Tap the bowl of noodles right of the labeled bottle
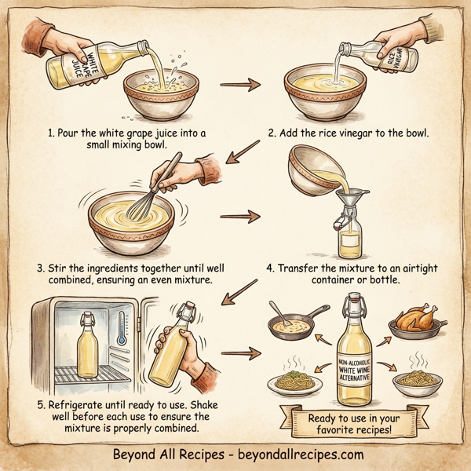(x=415, y=382)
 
